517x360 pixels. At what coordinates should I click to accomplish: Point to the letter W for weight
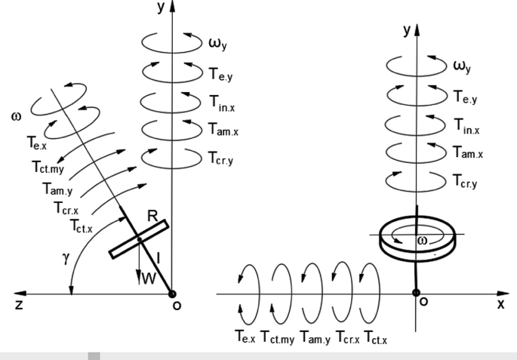[150, 278]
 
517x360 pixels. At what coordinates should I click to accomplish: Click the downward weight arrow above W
[141, 257]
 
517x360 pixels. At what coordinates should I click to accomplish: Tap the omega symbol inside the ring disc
[422, 239]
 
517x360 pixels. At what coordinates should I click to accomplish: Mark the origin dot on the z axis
[174, 293]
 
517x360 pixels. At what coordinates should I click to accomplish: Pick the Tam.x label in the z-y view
[224, 134]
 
